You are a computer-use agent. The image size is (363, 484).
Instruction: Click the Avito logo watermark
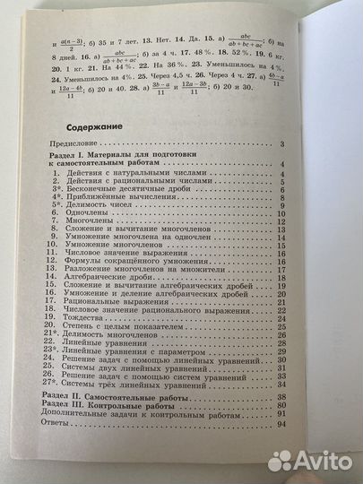[313, 460]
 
